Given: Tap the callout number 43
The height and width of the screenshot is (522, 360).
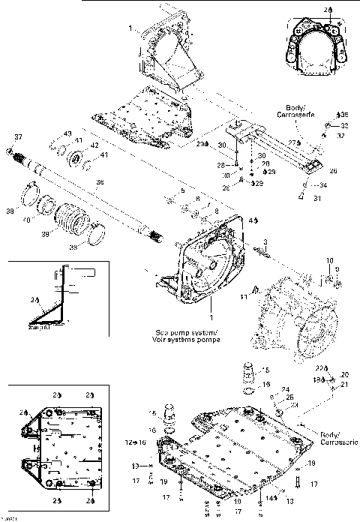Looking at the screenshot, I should click(67, 133).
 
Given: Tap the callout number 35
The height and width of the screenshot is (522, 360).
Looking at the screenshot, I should click(344, 115).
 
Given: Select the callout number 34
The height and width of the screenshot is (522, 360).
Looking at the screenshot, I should click(323, 184).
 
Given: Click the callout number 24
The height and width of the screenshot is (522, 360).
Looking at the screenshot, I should click(285, 389).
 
